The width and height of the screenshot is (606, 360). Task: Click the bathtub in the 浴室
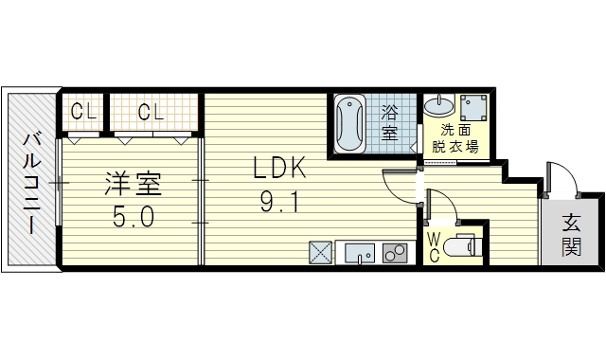click(349, 124)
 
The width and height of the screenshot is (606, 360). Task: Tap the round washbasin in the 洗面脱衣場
click(439, 105)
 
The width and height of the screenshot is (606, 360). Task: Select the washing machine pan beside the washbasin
click(473, 107)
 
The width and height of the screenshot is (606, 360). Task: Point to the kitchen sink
click(360, 253)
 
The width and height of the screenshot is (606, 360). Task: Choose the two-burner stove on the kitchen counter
click(395, 253)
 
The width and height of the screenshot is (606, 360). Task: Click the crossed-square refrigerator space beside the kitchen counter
click(320, 253)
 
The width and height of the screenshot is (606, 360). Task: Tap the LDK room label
click(279, 168)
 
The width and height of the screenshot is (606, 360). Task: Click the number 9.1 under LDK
click(279, 202)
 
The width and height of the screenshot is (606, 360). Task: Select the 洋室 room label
click(133, 184)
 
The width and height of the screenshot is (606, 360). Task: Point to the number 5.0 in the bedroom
click(134, 217)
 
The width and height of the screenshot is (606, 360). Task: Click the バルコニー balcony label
click(31, 183)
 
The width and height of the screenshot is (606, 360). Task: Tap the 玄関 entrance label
click(571, 234)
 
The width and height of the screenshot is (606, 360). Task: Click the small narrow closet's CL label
click(83, 112)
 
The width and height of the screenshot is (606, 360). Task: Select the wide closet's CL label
click(151, 112)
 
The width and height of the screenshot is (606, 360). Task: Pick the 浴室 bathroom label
click(389, 123)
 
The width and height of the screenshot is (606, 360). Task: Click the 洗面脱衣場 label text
click(455, 138)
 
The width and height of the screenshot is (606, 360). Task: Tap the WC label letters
click(435, 248)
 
